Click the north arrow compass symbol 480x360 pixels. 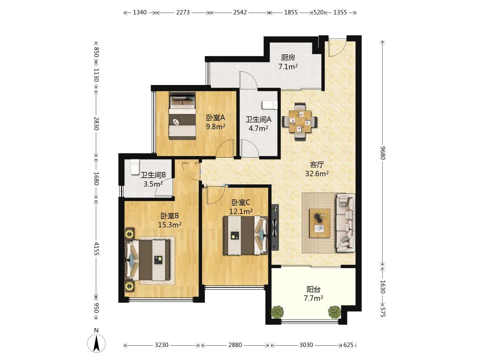point(96,343)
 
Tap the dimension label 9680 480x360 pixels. point(382,153)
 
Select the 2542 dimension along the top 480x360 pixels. point(240,12)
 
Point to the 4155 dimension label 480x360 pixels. point(96,249)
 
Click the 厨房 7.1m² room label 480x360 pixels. point(288,62)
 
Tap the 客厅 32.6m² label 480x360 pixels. point(317,169)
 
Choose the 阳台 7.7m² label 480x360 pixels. point(313,294)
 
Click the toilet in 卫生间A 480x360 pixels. point(270,105)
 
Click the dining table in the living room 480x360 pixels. point(300,122)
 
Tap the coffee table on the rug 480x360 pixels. point(319,223)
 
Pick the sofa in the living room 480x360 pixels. point(345,223)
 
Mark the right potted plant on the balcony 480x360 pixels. point(335,312)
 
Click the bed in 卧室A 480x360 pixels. point(182,116)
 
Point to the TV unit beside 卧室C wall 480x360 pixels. point(275,227)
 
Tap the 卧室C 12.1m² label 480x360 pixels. point(241,207)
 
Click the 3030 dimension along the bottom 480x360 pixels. point(306,345)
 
